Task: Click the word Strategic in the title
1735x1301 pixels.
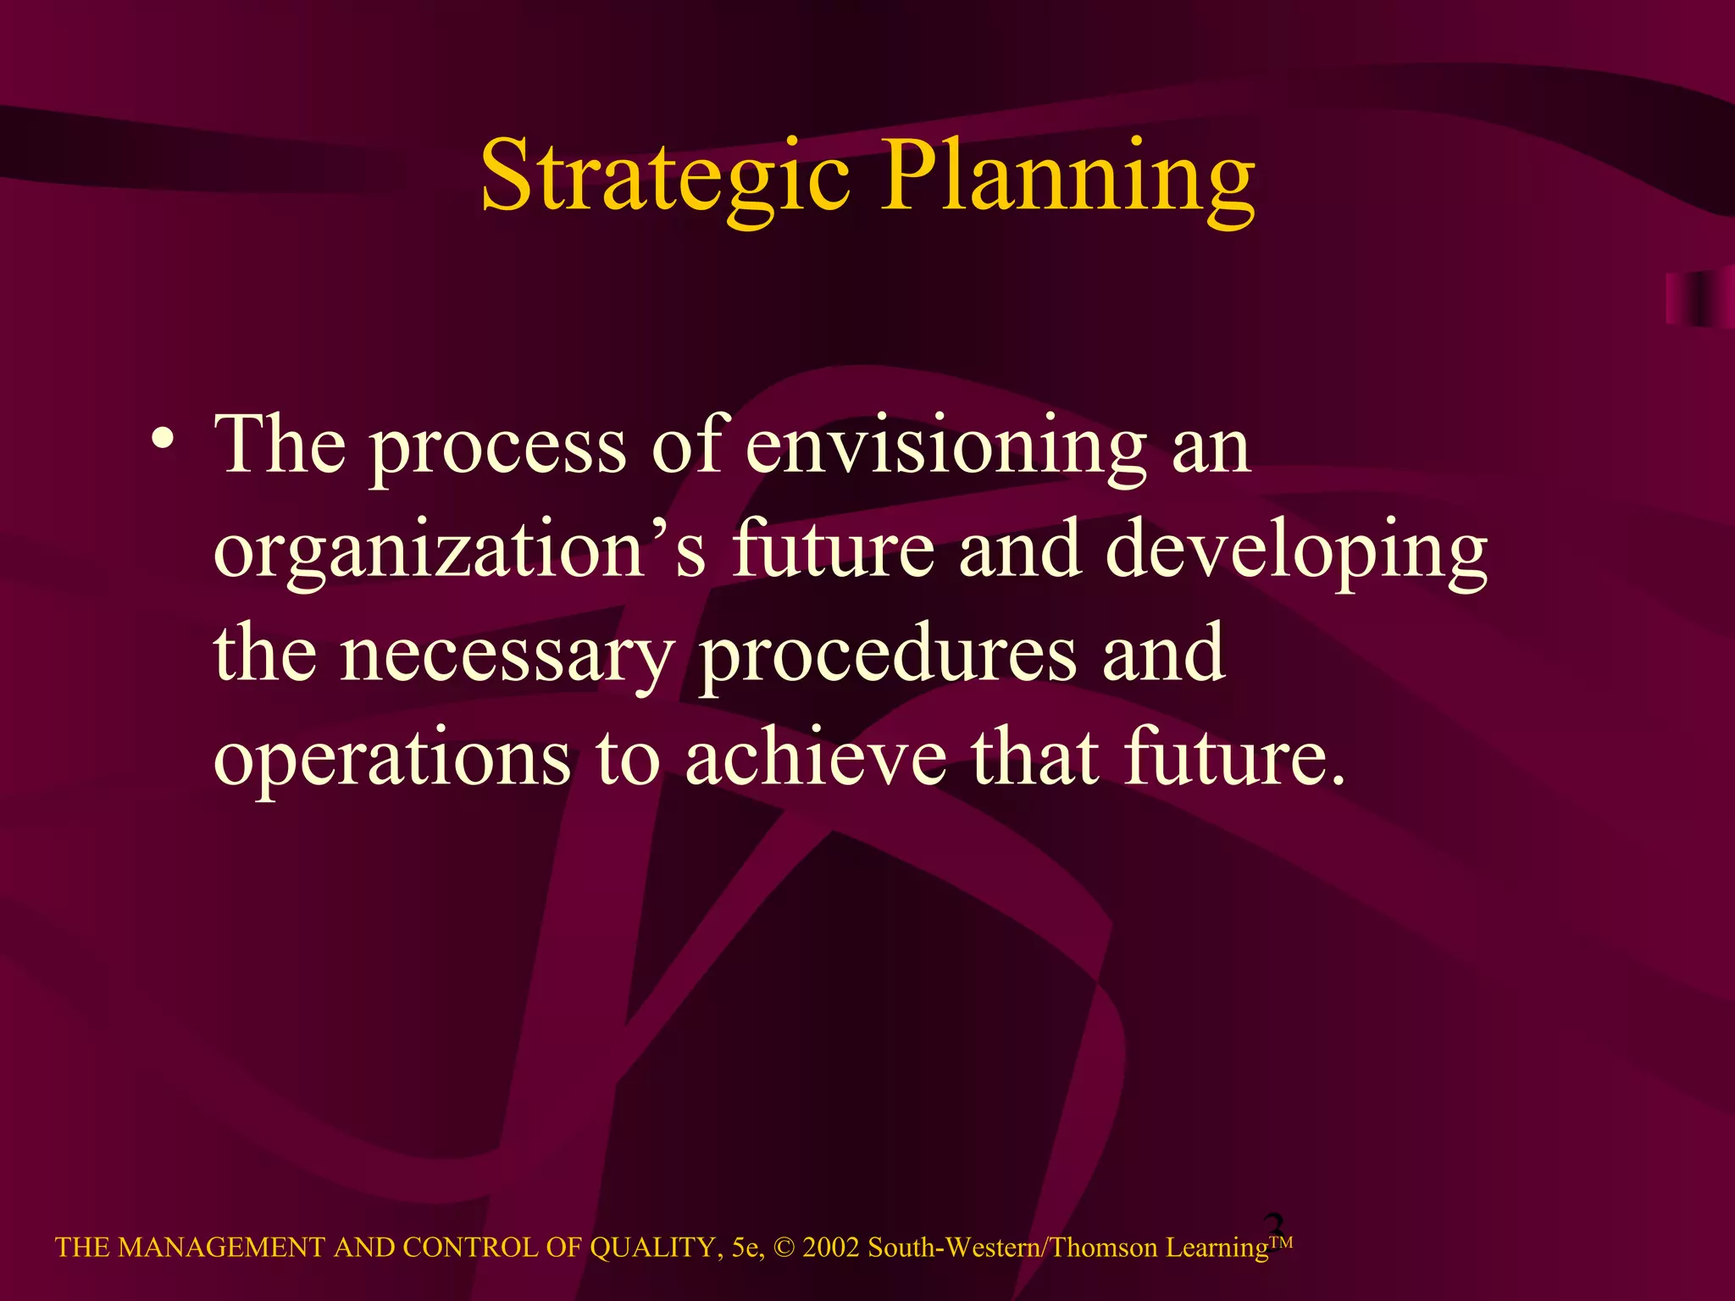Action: tap(665, 176)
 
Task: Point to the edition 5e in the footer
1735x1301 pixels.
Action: tap(746, 1248)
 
